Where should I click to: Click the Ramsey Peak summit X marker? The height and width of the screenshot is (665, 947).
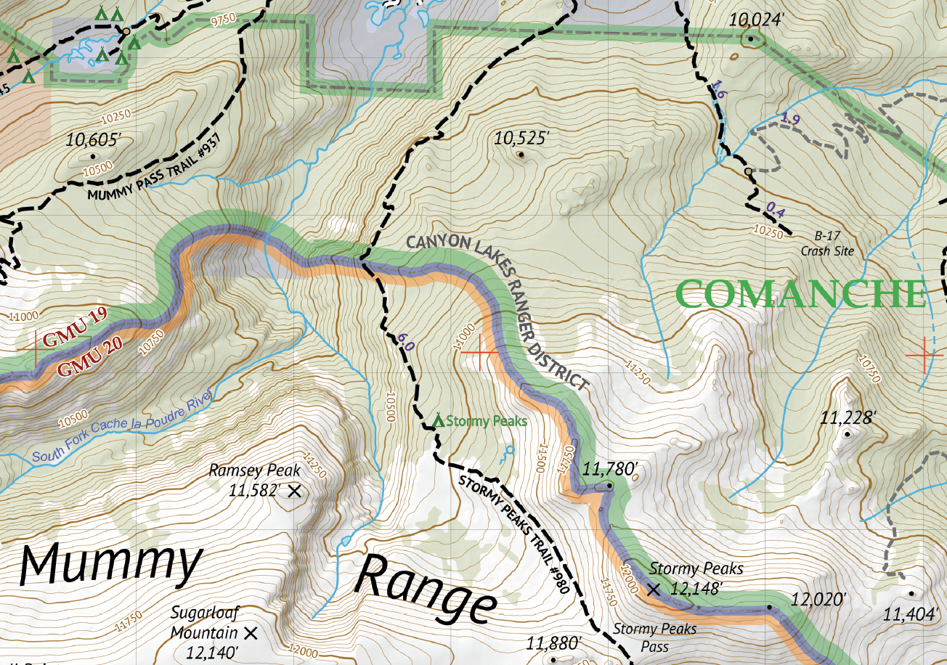click(x=294, y=491)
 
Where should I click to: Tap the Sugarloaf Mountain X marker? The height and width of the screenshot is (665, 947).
click(x=251, y=633)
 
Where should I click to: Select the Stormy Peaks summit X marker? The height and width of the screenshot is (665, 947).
click(x=653, y=589)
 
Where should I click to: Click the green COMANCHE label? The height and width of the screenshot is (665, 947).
click(x=802, y=295)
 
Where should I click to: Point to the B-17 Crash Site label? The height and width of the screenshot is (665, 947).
click(x=826, y=244)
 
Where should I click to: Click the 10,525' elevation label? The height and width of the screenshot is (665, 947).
click(x=521, y=137)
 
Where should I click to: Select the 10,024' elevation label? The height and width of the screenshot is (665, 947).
click(x=756, y=20)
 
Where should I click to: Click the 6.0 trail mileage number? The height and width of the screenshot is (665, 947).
click(x=405, y=342)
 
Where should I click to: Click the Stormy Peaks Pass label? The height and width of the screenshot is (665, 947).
click(x=654, y=637)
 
